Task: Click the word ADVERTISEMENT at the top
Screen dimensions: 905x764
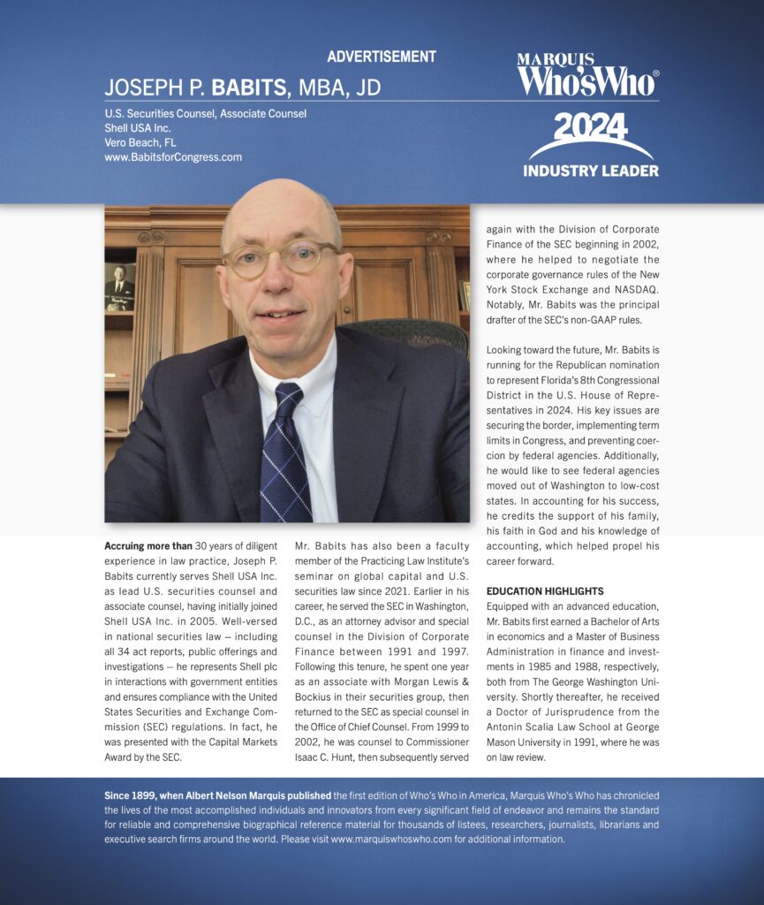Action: [382, 57]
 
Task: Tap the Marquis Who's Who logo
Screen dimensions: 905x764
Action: [587, 75]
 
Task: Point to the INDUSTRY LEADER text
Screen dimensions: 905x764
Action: [591, 170]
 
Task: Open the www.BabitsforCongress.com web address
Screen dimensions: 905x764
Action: [173, 157]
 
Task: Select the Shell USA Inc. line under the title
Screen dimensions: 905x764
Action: [138, 127]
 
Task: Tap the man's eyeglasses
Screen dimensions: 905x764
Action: [280, 258]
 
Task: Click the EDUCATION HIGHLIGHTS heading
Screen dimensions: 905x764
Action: [545, 590]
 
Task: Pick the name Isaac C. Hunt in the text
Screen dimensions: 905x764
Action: [332, 757]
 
